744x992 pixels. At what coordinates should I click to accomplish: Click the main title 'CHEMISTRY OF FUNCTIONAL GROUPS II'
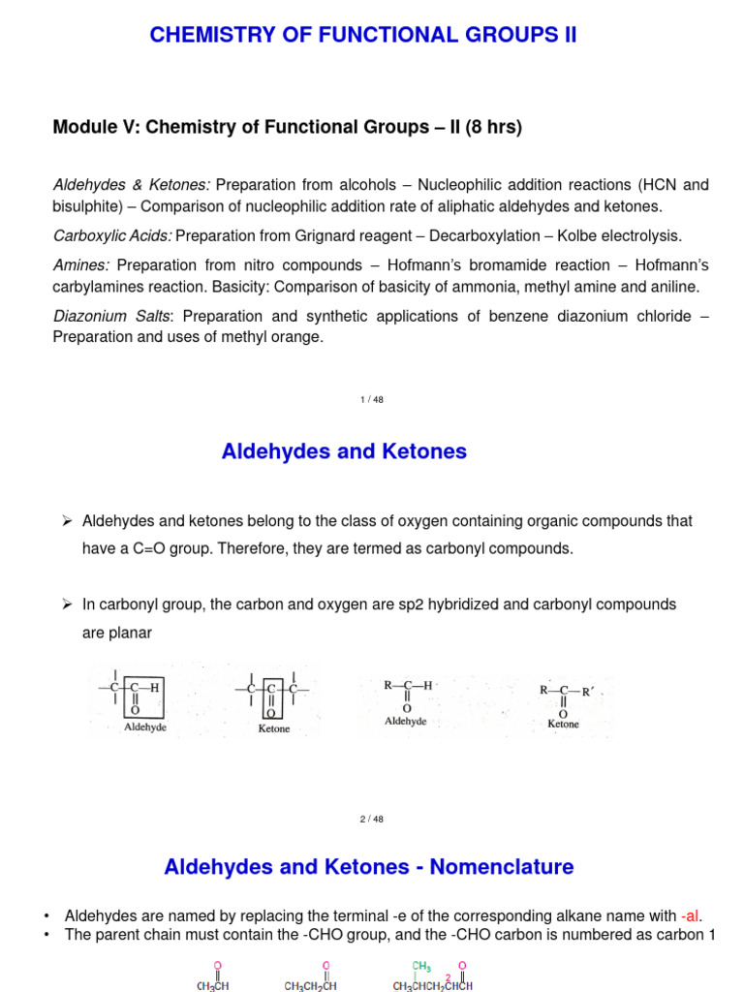coord(362,36)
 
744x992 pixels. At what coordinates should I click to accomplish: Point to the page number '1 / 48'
coord(371,400)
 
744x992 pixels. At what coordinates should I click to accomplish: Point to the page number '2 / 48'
coord(371,819)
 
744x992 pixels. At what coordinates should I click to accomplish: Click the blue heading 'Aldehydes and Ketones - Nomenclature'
coord(369,867)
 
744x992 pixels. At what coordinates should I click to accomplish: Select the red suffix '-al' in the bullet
coord(689,915)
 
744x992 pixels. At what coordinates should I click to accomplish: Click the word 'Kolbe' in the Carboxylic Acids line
coord(589,235)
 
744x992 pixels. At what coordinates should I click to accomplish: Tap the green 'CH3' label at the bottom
coord(421,966)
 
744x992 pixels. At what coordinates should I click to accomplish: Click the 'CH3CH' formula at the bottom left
coord(213,985)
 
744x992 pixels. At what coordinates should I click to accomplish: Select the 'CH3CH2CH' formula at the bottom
coord(311,985)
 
